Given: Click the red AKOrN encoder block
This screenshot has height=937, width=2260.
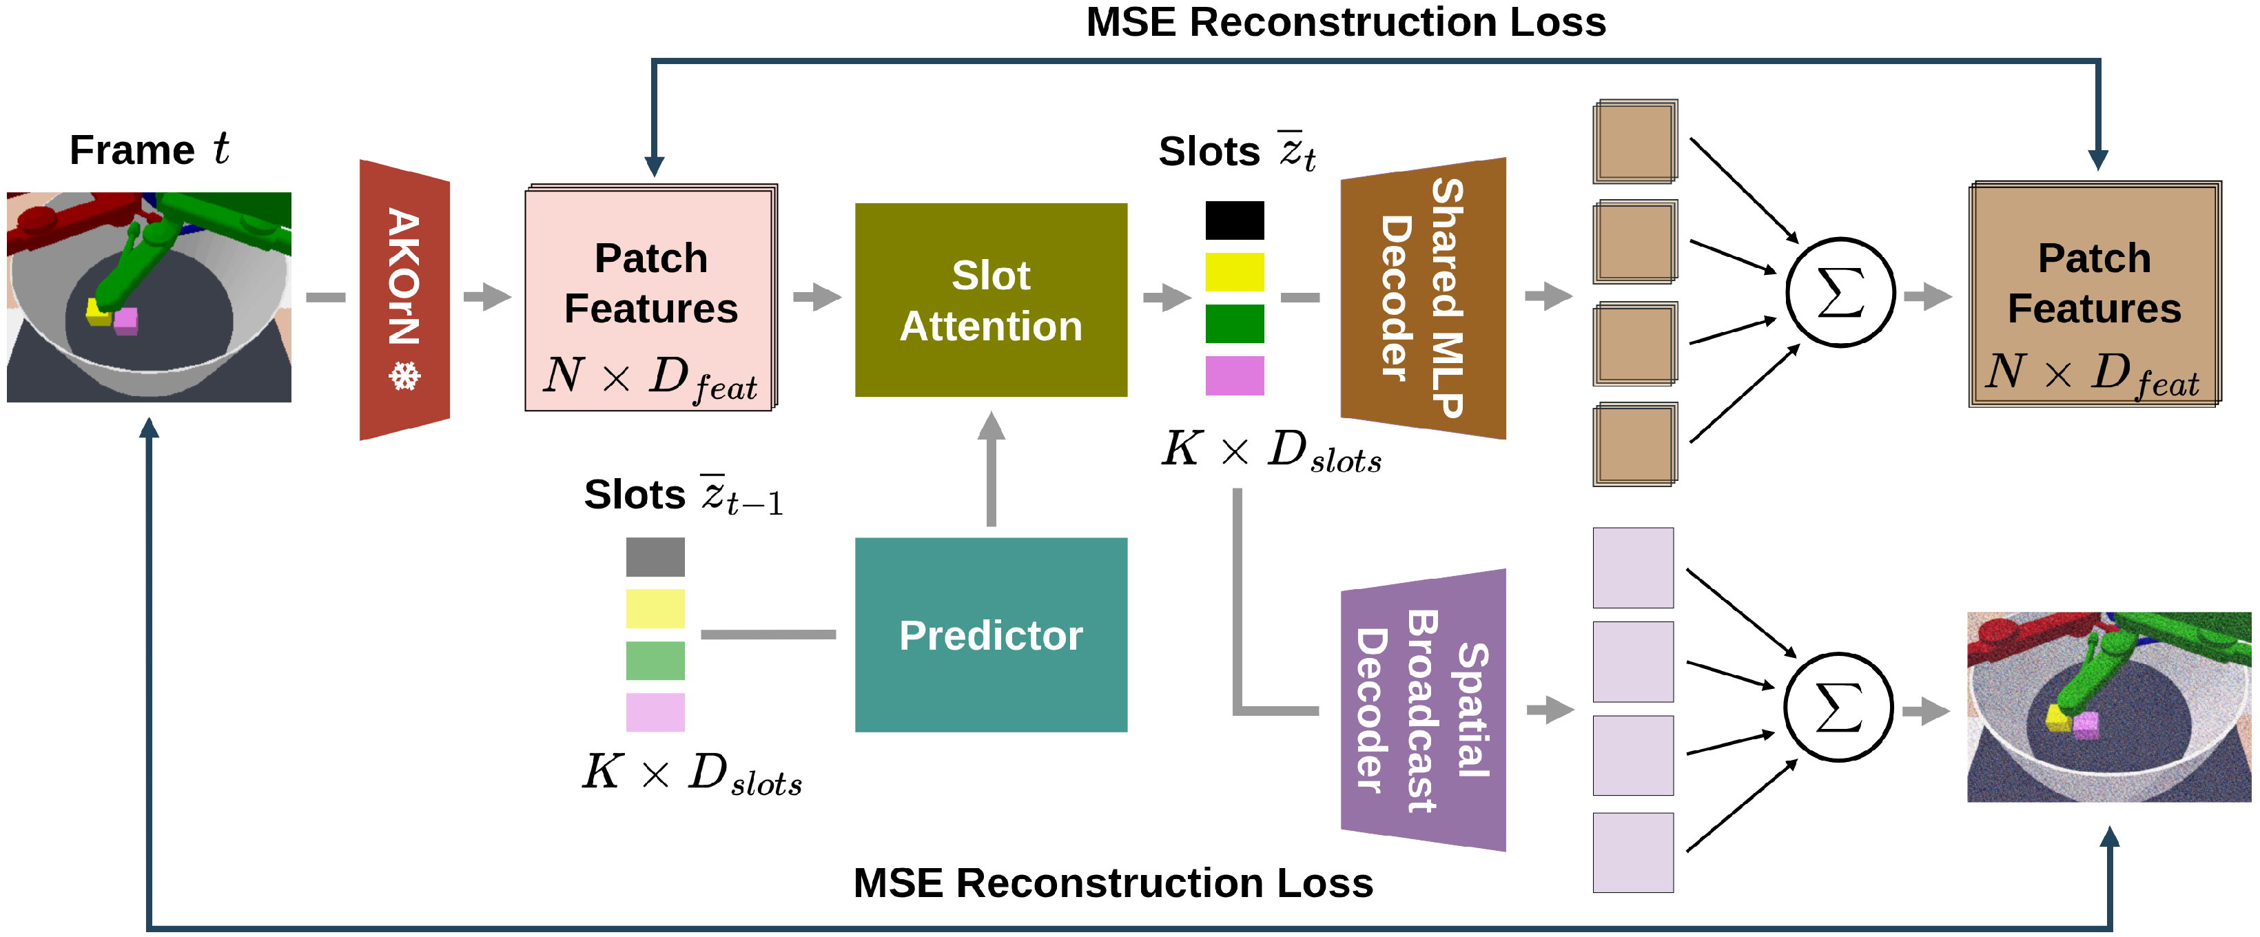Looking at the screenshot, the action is pos(404,299).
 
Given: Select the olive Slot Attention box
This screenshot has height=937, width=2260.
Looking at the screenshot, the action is pos(991,300).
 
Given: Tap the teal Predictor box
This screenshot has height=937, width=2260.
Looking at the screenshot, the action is pos(991,635).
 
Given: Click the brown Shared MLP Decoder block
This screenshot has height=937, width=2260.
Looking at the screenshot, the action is pos(1423,298).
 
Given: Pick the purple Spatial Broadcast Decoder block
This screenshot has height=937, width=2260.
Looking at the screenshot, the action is pos(1423,710).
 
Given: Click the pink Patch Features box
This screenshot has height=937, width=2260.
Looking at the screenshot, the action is pos(651,298).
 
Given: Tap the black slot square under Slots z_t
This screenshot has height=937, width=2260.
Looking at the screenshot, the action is pos(1235,220).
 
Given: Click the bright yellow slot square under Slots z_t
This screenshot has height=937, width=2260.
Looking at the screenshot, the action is pos(1235,272).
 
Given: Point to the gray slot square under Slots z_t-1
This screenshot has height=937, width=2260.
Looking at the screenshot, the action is pos(655,557).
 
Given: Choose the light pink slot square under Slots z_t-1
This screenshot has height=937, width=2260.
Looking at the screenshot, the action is pos(655,712).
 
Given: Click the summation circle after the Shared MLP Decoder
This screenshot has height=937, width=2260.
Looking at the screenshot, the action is pos(1840,292).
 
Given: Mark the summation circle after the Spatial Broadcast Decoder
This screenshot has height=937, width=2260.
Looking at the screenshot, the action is pos(1839,707).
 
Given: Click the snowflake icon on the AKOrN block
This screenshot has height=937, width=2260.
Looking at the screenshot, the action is pos(404,378).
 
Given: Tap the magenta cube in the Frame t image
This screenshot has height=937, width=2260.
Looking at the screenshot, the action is pos(125,320).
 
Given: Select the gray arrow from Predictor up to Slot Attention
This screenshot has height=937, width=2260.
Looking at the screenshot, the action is pos(992,468).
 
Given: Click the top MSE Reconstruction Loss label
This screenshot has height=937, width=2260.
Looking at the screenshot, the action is pos(1346,22).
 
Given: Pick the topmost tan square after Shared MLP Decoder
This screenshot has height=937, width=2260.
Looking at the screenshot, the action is pos(1635,141).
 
